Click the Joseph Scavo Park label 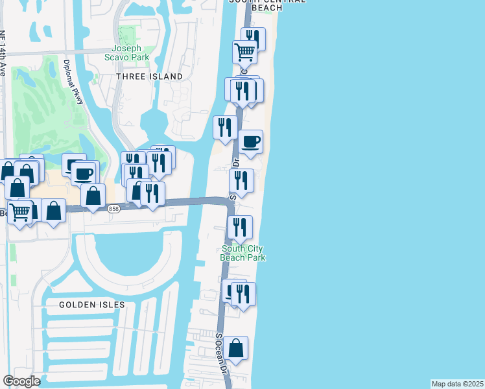click(130, 53)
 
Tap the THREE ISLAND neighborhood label click(150, 77)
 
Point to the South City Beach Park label click(244, 253)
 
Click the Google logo click(21, 381)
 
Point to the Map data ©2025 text click(457, 384)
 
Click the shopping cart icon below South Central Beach click(244, 51)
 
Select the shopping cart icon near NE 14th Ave click(21, 211)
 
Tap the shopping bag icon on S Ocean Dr click(237, 348)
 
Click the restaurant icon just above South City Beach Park click(240, 228)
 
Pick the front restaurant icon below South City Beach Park click(243, 294)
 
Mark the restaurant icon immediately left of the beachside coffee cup click(225, 127)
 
